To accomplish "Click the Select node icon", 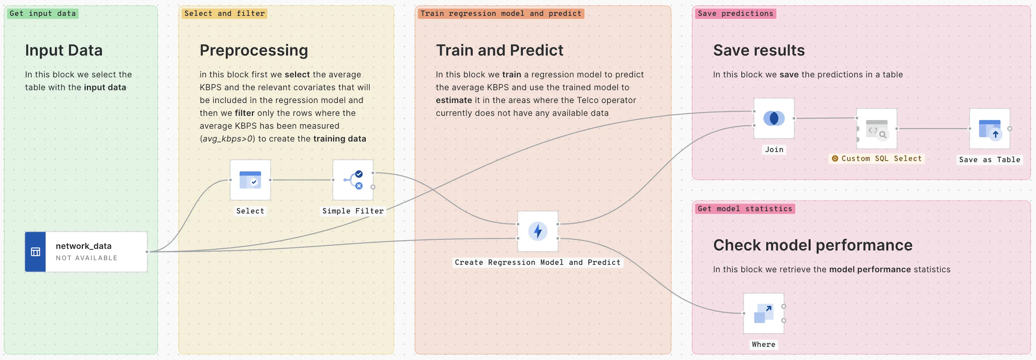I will [250, 180].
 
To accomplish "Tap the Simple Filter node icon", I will [353, 180].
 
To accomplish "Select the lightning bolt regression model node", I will [537, 231].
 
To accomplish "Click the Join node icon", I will [773, 118].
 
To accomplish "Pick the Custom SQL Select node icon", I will [877, 129].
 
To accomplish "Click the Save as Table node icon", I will [989, 129].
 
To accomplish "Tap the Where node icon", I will [763, 313].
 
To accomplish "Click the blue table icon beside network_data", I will [35, 252].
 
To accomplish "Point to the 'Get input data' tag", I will [43, 14].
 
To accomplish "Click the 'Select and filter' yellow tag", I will [224, 14].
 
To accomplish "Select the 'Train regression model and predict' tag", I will [500, 14].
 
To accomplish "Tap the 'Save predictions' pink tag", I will [735, 14].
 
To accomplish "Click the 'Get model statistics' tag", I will [744, 209].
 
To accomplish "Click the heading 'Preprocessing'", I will [253, 50].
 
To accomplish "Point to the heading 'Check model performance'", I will [812, 245].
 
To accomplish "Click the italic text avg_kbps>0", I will [227, 139].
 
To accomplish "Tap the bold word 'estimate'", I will [453, 100].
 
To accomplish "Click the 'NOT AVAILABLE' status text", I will [87, 258].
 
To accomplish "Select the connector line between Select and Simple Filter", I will [301, 180].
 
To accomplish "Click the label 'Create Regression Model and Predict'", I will [537, 263].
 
